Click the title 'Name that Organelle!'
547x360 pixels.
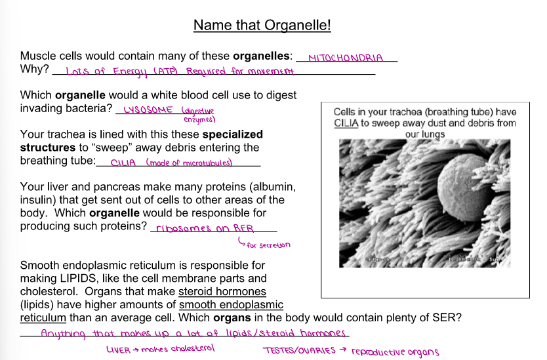[262, 26]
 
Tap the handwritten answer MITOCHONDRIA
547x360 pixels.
[345, 58]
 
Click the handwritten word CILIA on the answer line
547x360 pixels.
[124, 162]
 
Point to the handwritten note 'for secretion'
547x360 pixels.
[268, 245]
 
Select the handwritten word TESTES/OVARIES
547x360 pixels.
[299, 350]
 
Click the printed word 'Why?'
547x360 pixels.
[34, 69]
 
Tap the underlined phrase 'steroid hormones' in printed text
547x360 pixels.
[222, 291]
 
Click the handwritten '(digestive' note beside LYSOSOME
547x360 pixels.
[198, 111]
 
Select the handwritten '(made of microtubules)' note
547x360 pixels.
[189, 163]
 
